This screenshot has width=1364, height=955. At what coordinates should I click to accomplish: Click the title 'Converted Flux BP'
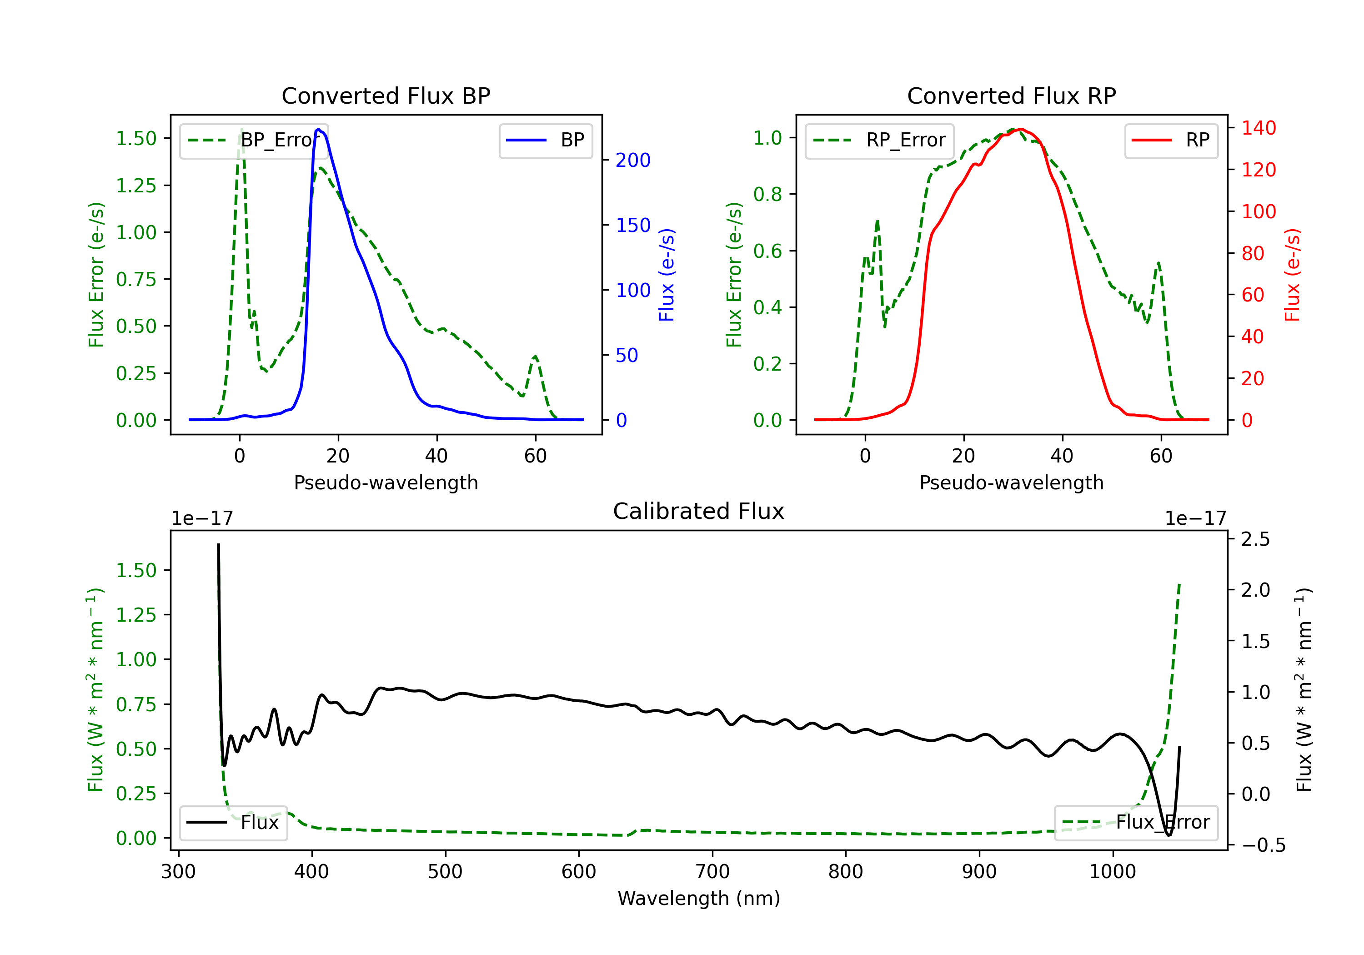pyautogui.click(x=386, y=95)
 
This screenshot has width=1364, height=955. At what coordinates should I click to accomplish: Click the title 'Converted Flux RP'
pyautogui.click(x=1011, y=95)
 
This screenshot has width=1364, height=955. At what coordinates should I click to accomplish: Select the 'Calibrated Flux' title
pyautogui.click(x=699, y=511)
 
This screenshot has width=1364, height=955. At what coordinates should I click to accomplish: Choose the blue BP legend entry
pyautogui.click(x=545, y=140)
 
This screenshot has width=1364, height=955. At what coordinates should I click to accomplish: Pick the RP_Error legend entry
pyautogui.click(x=879, y=140)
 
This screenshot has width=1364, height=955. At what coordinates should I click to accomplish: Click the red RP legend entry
pyautogui.click(x=1171, y=140)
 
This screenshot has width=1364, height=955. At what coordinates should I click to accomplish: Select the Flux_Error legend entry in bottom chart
pyautogui.click(x=1136, y=823)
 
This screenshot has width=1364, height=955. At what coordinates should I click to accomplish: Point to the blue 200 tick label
pyautogui.click(x=633, y=161)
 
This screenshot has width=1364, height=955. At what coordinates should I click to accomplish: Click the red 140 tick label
pyautogui.click(x=1259, y=128)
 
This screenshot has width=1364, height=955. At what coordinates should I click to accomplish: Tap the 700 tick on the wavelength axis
pyautogui.click(x=712, y=872)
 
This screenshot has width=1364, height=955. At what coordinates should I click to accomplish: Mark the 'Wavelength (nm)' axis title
pyautogui.click(x=699, y=899)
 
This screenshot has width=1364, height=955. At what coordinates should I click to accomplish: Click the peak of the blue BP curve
pyautogui.click(x=318, y=129)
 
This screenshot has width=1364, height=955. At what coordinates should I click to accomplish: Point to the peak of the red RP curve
pyautogui.click(x=1020, y=129)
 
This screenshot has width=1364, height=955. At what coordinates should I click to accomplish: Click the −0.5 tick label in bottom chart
pyautogui.click(x=1263, y=845)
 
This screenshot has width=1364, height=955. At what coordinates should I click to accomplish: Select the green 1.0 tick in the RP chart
pyautogui.click(x=767, y=138)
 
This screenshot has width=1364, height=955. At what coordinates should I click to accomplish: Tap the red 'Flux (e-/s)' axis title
pyautogui.click(x=1292, y=275)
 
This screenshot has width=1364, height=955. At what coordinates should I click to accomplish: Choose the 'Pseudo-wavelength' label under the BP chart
pyautogui.click(x=386, y=483)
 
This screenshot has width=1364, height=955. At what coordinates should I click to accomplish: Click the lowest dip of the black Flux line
pyautogui.click(x=1168, y=835)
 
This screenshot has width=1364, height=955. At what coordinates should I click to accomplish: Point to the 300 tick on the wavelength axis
pyautogui.click(x=179, y=872)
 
